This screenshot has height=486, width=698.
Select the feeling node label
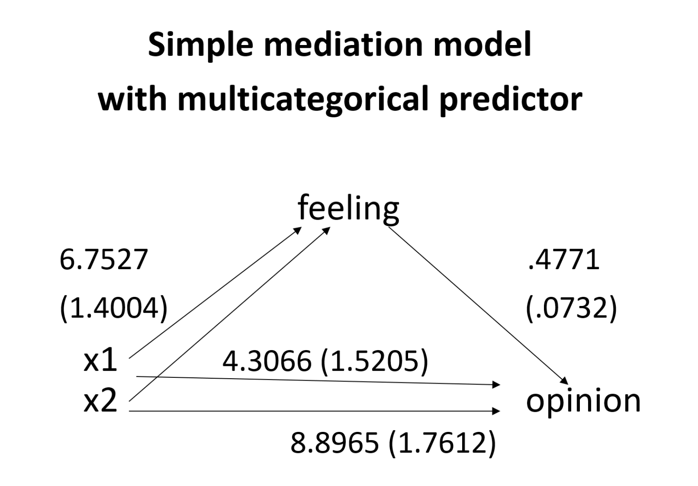(x=348, y=208)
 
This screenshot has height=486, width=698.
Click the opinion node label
(x=583, y=401)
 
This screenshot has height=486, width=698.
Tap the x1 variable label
(x=100, y=361)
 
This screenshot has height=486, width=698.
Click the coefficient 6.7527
(x=104, y=260)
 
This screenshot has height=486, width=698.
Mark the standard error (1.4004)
(x=114, y=308)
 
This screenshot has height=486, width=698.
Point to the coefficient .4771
(x=564, y=260)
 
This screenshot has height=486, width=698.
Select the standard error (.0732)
(x=571, y=308)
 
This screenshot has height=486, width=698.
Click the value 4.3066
(x=267, y=361)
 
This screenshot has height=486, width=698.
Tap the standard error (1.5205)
(x=374, y=361)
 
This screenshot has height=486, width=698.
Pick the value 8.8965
(x=335, y=443)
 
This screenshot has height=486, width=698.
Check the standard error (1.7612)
(x=442, y=443)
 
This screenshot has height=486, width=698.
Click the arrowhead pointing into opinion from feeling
(x=564, y=381)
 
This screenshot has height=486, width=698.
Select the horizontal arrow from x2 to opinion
(x=314, y=411)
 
